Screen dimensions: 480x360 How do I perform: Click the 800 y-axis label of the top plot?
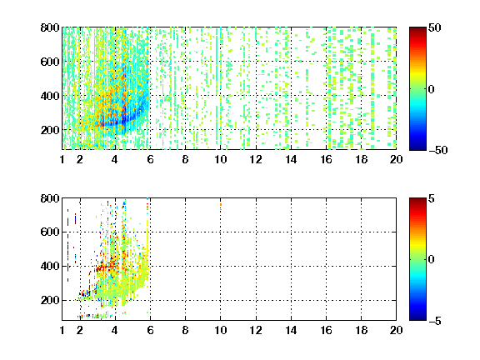click(x=50, y=27)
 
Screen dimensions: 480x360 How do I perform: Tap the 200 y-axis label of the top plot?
click(x=50, y=130)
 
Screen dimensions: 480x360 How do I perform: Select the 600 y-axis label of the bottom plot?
click(x=50, y=232)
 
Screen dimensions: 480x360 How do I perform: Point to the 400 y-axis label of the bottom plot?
click(x=50, y=266)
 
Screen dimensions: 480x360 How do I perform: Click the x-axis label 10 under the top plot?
click(x=220, y=159)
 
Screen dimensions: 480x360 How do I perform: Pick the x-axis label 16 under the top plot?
click(x=327, y=159)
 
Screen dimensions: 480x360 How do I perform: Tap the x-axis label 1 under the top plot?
click(x=62, y=159)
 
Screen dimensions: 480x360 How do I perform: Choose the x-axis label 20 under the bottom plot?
click(x=396, y=330)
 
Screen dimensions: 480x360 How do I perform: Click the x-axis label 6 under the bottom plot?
click(x=150, y=330)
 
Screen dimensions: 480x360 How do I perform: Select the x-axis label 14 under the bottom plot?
click(x=291, y=330)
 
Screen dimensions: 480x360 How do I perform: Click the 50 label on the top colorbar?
click(x=435, y=27)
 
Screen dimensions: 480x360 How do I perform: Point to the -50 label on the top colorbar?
click(x=438, y=150)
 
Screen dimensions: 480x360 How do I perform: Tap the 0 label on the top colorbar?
click(x=432, y=89)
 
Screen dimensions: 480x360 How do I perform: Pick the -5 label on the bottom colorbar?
click(x=435, y=321)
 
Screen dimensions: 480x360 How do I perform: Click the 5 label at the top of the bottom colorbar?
click(x=432, y=198)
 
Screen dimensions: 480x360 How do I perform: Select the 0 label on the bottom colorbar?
click(x=432, y=260)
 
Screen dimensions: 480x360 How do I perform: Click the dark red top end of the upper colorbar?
click(x=417, y=29)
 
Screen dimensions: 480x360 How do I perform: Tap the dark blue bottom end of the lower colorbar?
click(x=417, y=318)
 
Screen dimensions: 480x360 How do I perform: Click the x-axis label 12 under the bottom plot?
click(x=256, y=330)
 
